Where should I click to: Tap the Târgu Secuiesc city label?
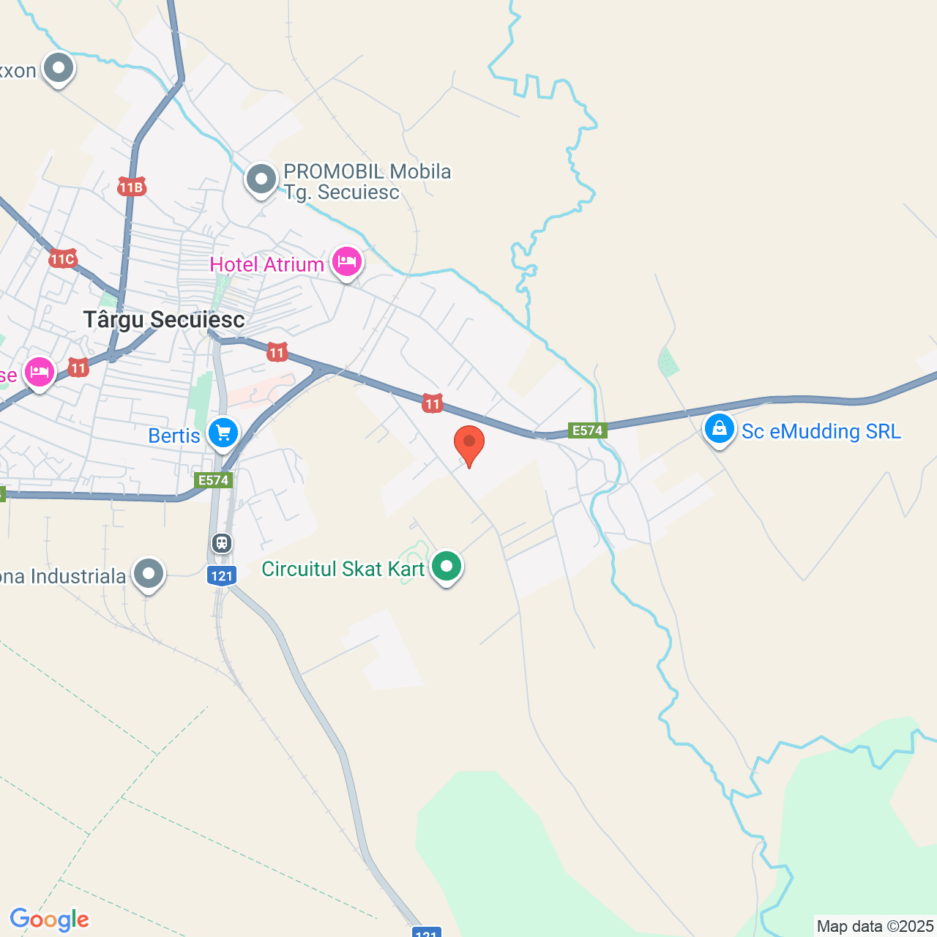(164, 320)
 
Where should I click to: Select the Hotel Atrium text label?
(266, 264)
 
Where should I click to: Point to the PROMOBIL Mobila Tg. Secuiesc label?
(367, 182)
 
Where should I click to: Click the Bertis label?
(174, 436)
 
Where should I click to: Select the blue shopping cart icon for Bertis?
(223, 433)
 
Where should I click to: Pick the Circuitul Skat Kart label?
(343, 569)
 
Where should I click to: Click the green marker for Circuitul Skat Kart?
(446, 566)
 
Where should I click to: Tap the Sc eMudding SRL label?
(821, 431)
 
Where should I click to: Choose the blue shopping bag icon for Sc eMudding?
(719, 429)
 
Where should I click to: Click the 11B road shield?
(132, 187)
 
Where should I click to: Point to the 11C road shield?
(63, 259)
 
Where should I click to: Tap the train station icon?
(222, 543)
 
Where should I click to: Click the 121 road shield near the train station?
(222, 575)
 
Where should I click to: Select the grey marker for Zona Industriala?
(149, 574)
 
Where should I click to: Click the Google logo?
(50, 919)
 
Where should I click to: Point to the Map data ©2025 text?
(875, 926)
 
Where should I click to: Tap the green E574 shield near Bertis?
(214, 480)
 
